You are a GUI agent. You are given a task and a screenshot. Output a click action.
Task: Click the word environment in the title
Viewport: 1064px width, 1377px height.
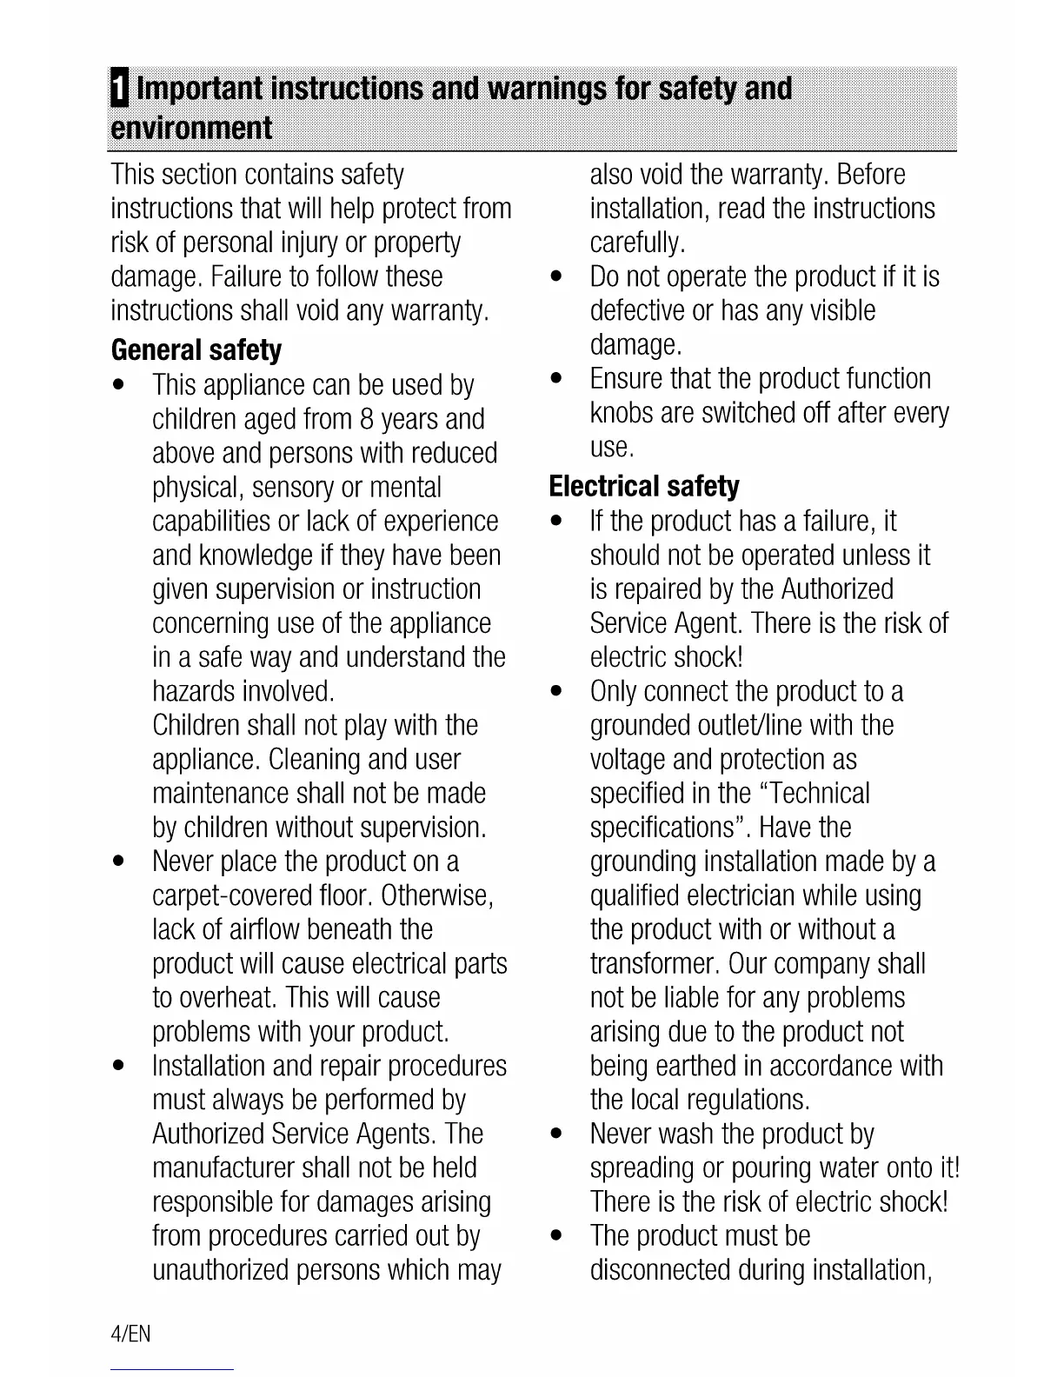[x=191, y=129]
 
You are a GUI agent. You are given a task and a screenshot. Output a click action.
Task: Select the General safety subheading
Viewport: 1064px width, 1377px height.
[x=196, y=350]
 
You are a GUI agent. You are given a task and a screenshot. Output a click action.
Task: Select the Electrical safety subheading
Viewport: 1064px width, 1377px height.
[x=644, y=486]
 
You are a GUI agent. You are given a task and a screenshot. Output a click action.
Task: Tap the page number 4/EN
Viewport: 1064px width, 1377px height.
[x=131, y=1334]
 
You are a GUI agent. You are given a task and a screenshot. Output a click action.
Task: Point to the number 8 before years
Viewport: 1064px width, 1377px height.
[x=366, y=420]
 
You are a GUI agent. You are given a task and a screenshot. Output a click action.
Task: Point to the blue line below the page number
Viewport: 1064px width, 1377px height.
[x=173, y=1369]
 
